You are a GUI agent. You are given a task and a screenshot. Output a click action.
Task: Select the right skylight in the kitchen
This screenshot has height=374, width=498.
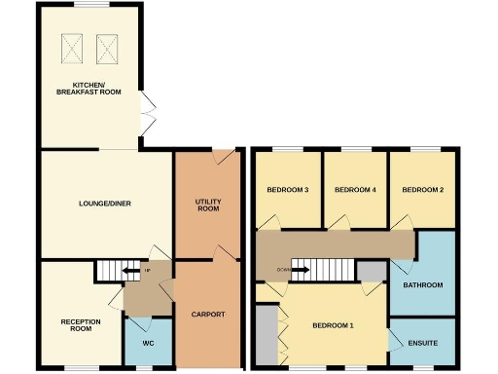(105, 45)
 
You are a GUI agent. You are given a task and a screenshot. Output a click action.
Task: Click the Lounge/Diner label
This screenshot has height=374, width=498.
(105, 204)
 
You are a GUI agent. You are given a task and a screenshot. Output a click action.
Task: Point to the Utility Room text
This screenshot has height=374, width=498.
(208, 205)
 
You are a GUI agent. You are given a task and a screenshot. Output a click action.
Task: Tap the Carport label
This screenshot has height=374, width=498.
(208, 315)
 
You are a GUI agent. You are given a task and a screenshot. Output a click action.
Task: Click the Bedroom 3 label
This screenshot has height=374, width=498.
(286, 189)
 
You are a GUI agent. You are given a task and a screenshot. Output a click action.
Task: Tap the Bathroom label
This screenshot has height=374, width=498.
(423, 285)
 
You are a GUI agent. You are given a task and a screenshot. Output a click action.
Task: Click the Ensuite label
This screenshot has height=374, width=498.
(423, 343)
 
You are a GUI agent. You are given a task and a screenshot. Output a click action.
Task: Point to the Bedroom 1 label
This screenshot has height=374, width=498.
(334, 325)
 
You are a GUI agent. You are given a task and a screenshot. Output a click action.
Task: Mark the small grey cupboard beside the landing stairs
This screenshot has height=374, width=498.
(371, 271)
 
